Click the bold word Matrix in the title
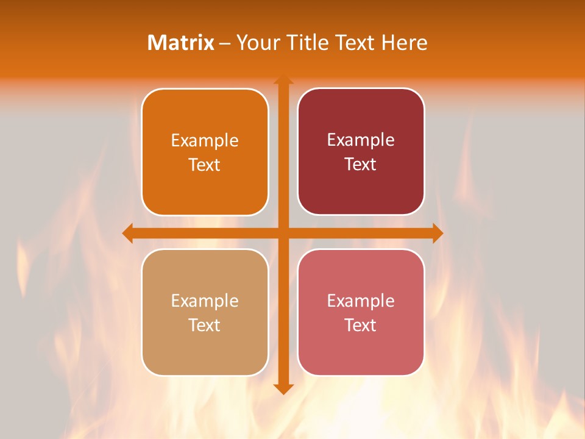[181, 43]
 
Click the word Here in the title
[405, 43]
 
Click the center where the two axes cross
[283, 233]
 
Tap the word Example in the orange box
[205, 141]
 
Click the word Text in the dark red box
[361, 165]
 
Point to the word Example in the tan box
[205, 301]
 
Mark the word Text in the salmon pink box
[361, 326]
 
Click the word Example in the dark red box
[361, 140]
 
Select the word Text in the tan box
[205, 326]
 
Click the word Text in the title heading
[353, 43]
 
